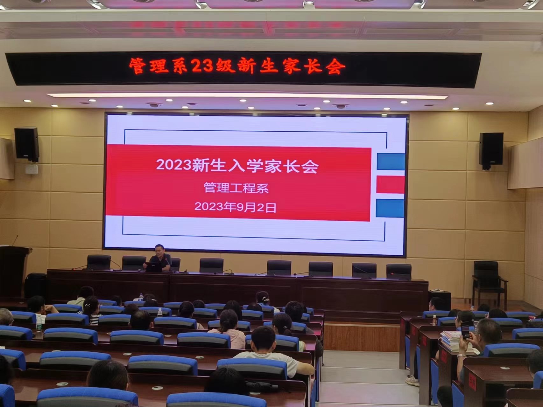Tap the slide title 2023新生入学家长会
(237, 166)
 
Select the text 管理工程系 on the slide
(236, 188)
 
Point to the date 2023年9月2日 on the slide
(235, 207)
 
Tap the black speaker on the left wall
(27, 144)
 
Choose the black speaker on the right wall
(491, 151)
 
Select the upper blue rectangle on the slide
(391, 162)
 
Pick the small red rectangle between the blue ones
(390, 185)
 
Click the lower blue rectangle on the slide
(390, 208)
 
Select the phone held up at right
(465, 331)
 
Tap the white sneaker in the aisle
(412, 381)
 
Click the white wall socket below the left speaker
(32, 169)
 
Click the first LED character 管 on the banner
(138, 66)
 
